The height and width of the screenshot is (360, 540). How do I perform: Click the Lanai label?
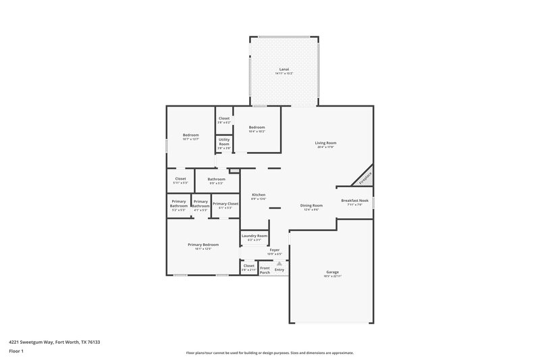(284, 70)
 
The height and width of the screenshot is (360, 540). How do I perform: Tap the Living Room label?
(325, 143)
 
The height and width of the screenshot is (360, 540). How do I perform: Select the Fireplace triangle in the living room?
(364, 178)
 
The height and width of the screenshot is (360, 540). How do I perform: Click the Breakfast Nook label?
(354, 201)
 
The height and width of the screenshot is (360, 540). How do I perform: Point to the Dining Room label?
(311, 205)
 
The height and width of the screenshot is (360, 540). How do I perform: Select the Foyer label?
(275, 250)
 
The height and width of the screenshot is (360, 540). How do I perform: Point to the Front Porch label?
(265, 270)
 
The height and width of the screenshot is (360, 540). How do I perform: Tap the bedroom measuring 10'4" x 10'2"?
(257, 128)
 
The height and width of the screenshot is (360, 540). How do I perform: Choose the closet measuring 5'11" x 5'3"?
(180, 180)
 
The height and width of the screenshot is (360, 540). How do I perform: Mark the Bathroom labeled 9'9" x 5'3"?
(217, 180)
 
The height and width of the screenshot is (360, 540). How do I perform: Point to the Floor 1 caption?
(16, 352)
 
